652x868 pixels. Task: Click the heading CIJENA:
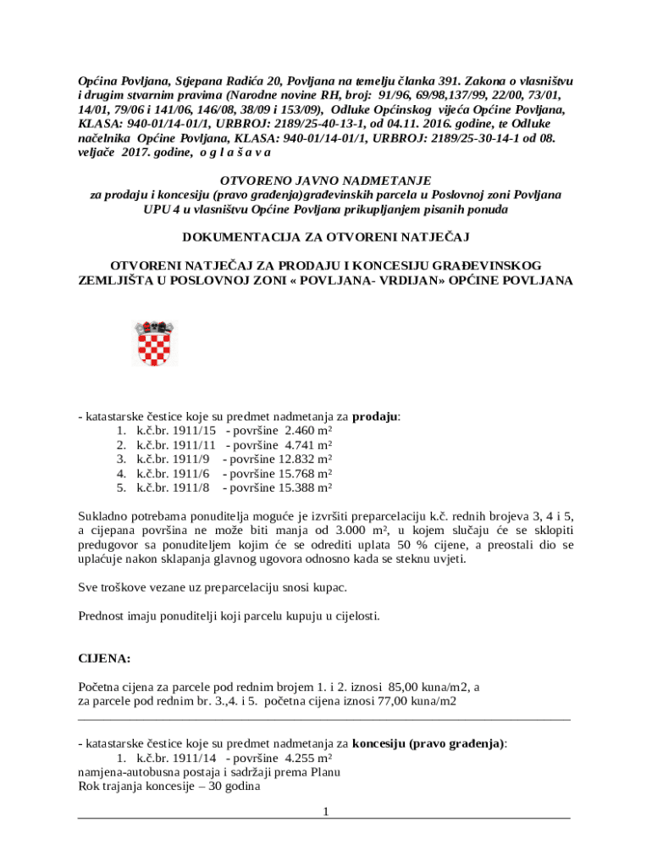point(105,658)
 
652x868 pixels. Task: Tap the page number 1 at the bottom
point(325,812)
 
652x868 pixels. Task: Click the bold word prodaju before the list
point(375,416)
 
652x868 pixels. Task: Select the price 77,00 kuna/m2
point(412,701)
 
